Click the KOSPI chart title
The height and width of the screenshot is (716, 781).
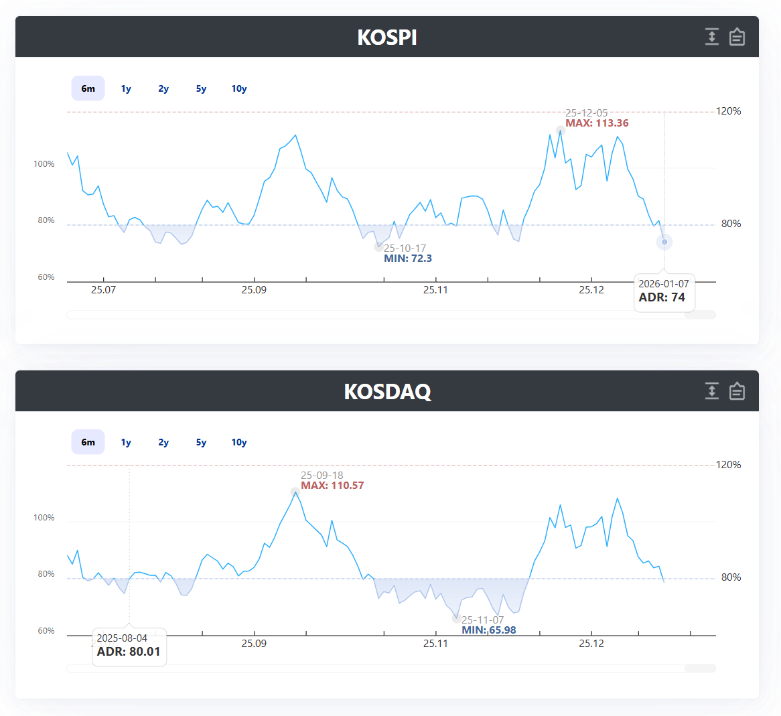click(387, 38)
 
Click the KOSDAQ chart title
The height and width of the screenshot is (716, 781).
click(388, 391)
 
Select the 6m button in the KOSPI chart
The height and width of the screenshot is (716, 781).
click(88, 88)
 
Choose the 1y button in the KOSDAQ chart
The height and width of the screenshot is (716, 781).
click(126, 442)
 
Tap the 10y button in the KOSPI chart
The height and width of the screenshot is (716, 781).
click(239, 88)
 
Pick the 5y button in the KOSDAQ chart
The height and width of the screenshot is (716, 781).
click(201, 442)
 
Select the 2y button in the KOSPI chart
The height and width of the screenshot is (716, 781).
click(163, 88)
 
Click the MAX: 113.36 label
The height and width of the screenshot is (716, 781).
click(597, 123)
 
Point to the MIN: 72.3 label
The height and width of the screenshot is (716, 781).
click(408, 259)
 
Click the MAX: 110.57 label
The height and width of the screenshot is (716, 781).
click(332, 486)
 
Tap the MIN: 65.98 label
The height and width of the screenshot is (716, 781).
click(488, 630)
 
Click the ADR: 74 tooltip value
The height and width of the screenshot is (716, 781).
click(662, 297)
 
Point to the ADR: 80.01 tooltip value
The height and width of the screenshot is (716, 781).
click(129, 652)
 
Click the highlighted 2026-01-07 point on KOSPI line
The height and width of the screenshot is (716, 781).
click(664, 242)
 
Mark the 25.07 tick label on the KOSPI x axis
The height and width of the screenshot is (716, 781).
click(104, 290)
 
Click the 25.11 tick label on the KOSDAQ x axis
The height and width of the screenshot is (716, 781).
click(436, 643)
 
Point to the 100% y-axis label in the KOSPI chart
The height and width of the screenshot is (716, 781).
click(44, 164)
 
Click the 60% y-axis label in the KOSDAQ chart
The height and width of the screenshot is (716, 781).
click(46, 631)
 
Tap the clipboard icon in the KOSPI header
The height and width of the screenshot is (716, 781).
click(737, 37)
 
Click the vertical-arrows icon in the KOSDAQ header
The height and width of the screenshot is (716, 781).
click(712, 390)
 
